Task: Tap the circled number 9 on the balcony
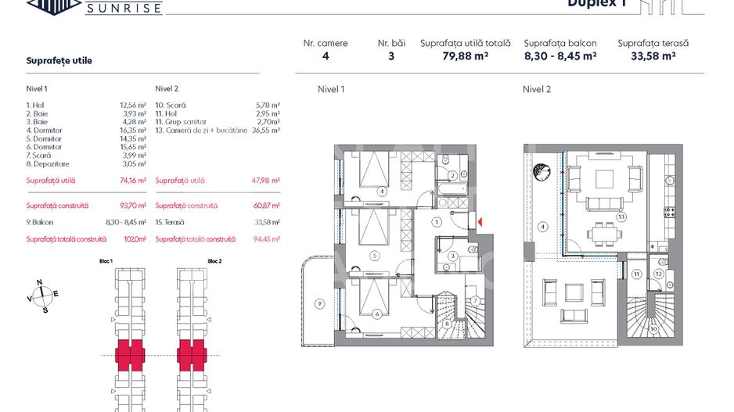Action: [x=319, y=303]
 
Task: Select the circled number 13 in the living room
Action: [x=621, y=217]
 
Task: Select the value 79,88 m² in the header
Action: [x=465, y=56]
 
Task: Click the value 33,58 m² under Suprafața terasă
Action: [x=653, y=56]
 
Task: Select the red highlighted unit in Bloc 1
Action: [x=128, y=355]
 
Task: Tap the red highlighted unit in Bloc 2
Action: [x=191, y=355]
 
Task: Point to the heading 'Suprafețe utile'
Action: [x=59, y=61]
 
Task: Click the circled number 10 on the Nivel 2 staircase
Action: [x=653, y=328]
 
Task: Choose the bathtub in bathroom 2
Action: [x=453, y=188]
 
